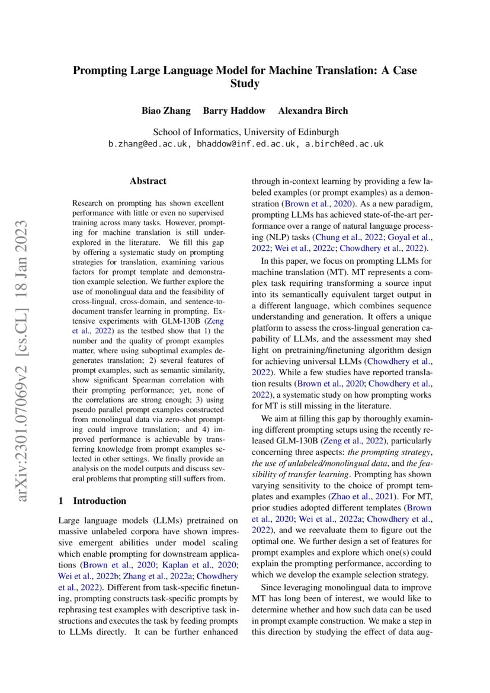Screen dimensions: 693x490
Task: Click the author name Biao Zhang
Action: tap(165, 111)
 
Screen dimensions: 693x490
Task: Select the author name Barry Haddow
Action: tap(228, 111)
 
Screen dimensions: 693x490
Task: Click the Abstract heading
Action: tap(148, 181)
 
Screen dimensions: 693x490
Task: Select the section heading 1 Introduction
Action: tap(92, 501)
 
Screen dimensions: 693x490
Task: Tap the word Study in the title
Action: tap(245, 84)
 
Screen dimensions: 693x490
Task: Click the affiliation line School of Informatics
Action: tap(246, 132)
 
